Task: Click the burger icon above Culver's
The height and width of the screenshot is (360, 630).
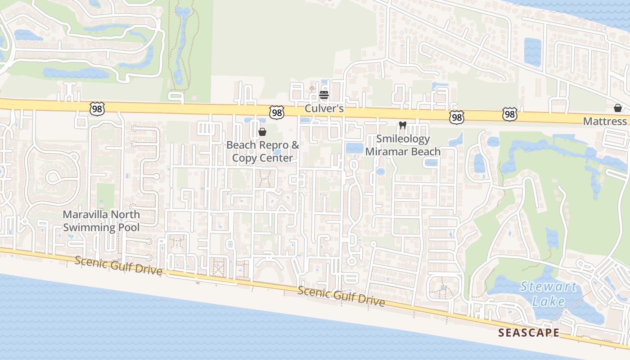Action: coord(324,95)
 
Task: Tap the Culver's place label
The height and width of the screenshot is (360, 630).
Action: coord(324,108)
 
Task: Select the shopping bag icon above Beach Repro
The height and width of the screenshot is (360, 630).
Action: coord(262,132)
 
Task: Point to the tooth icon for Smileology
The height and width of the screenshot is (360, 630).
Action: coord(403,126)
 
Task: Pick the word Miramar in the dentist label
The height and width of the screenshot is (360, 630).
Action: coord(384,151)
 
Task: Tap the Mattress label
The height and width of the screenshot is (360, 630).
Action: coord(605,121)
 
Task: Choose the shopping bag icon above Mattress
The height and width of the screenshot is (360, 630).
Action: coord(618,108)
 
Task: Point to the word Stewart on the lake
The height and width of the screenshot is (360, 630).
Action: coord(548,287)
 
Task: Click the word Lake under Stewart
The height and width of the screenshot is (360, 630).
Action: coord(548,301)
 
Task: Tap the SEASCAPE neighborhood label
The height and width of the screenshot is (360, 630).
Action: coord(529,333)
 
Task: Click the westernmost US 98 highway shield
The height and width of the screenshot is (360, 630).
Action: coord(97,108)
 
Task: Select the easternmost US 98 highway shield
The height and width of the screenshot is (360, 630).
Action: coord(509,115)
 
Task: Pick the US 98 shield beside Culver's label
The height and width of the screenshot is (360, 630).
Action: coord(277,112)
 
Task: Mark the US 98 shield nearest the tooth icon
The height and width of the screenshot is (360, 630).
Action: coord(456,117)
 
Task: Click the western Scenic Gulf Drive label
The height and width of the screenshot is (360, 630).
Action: coord(118,265)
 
